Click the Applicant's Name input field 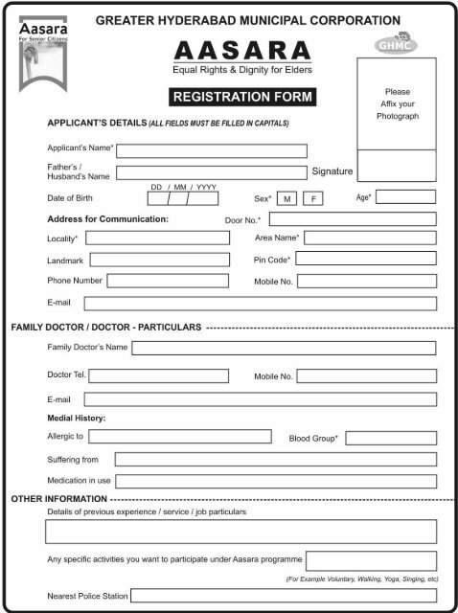pyautogui.click(x=212, y=150)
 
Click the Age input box pyautogui.click(x=406, y=196)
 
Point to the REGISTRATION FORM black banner pyautogui.click(x=242, y=97)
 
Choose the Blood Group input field pyautogui.click(x=391, y=437)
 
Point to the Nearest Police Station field pyautogui.click(x=284, y=596)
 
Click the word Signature pyautogui.click(x=332, y=171)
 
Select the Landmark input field pyautogui.click(x=158, y=260)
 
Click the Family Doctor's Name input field pyautogui.click(x=284, y=347)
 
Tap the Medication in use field pyautogui.click(x=276, y=481)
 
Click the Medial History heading pyautogui.click(x=77, y=419)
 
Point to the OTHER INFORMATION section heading pyautogui.click(x=58, y=500)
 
